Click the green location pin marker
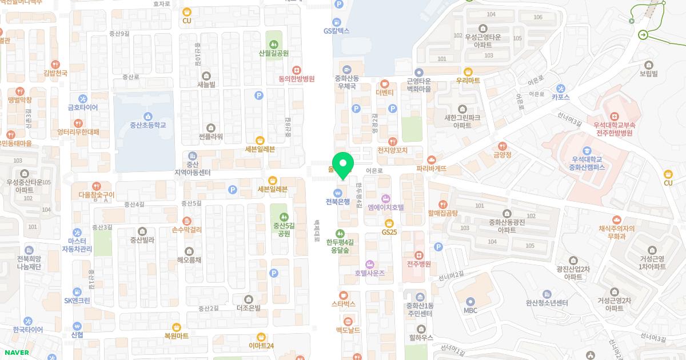click(x=343, y=165)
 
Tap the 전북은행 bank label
click(x=337, y=202)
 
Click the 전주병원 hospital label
click(x=418, y=264)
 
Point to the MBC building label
click(x=470, y=310)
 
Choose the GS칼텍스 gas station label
click(x=336, y=31)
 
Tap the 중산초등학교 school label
click(x=147, y=125)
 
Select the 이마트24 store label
click(x=261, y=346)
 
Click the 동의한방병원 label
click(x=297, y=79)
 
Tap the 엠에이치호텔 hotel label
click(x=386, y=207)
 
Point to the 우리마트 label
click(x=468, y=81)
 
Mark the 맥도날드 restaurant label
click(x=348, y=330)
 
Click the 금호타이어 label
click(x=83, y=107)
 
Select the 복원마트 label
click(x=176, y=336)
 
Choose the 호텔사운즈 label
click(x=369, y=273)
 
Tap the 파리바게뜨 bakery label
click(x=431, y=169)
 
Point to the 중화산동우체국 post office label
click(x=346, y=82)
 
